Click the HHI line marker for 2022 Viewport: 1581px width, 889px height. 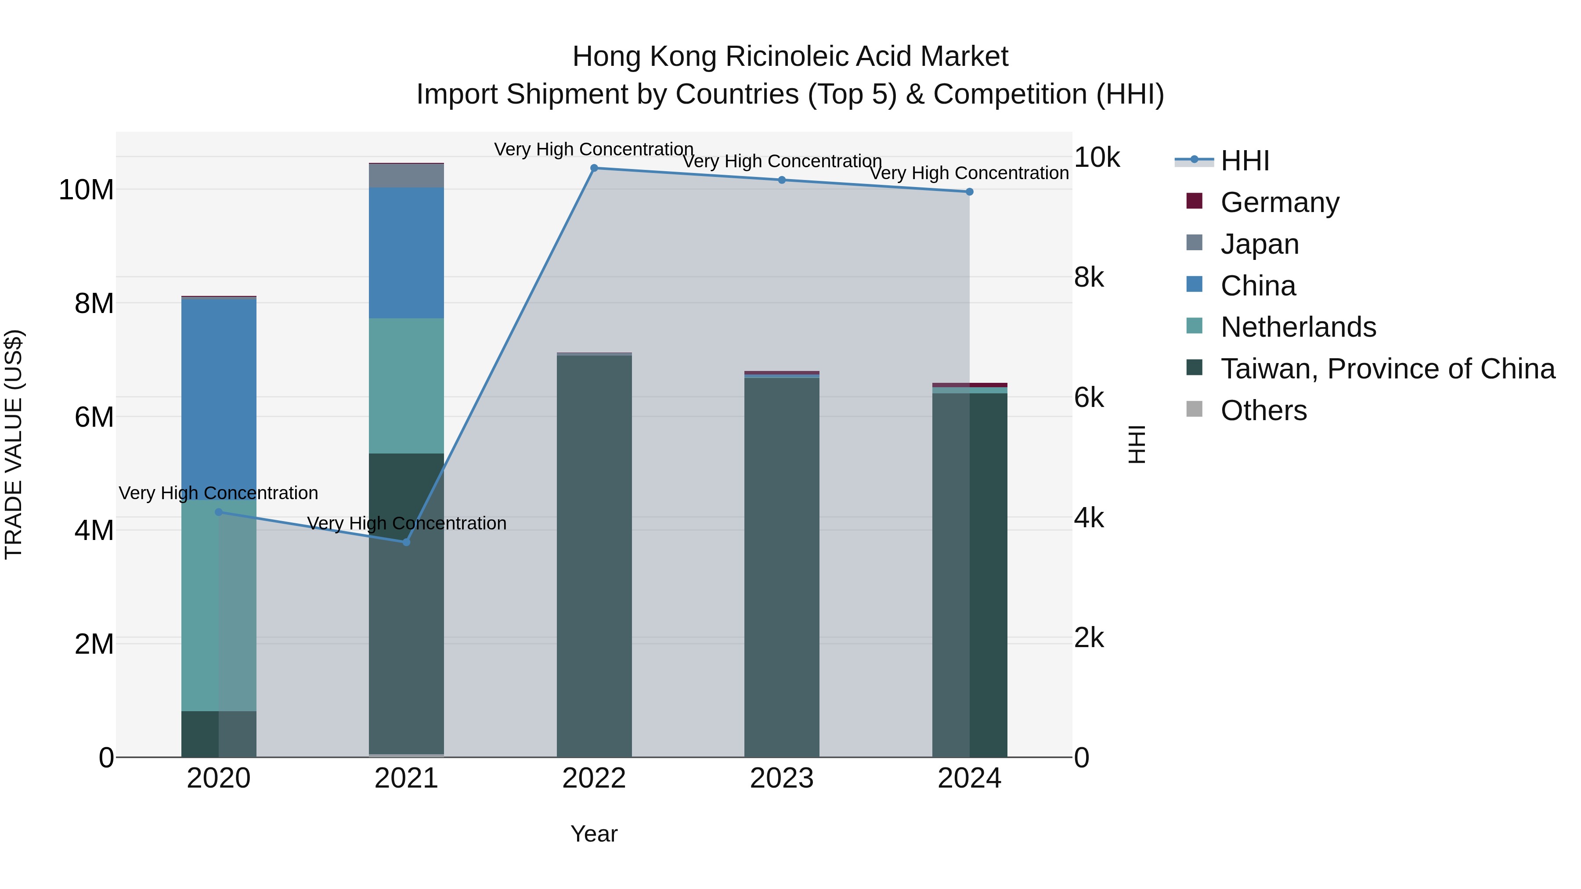pos(593,168)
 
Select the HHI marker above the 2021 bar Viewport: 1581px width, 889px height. pos(406,542)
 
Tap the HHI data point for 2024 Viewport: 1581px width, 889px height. pos(969,192)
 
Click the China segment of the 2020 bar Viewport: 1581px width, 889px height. pos(219,399)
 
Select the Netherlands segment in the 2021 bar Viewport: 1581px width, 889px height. pos(406,385)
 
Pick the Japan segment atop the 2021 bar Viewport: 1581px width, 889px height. pos(406,176)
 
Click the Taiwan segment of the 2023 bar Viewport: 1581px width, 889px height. pos(781,565)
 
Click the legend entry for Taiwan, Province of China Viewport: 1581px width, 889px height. pos(1387,369)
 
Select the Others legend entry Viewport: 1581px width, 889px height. pos(1263,410)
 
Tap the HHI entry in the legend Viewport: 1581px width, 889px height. pos(1244,161)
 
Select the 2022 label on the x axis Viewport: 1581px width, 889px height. pos(593,778)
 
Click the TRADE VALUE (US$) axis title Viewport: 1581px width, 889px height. pos(14,444)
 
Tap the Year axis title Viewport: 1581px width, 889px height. pos(593,834)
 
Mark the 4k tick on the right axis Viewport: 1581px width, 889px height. pos(1089,518)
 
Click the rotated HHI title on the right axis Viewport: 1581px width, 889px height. pos(1137,444)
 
